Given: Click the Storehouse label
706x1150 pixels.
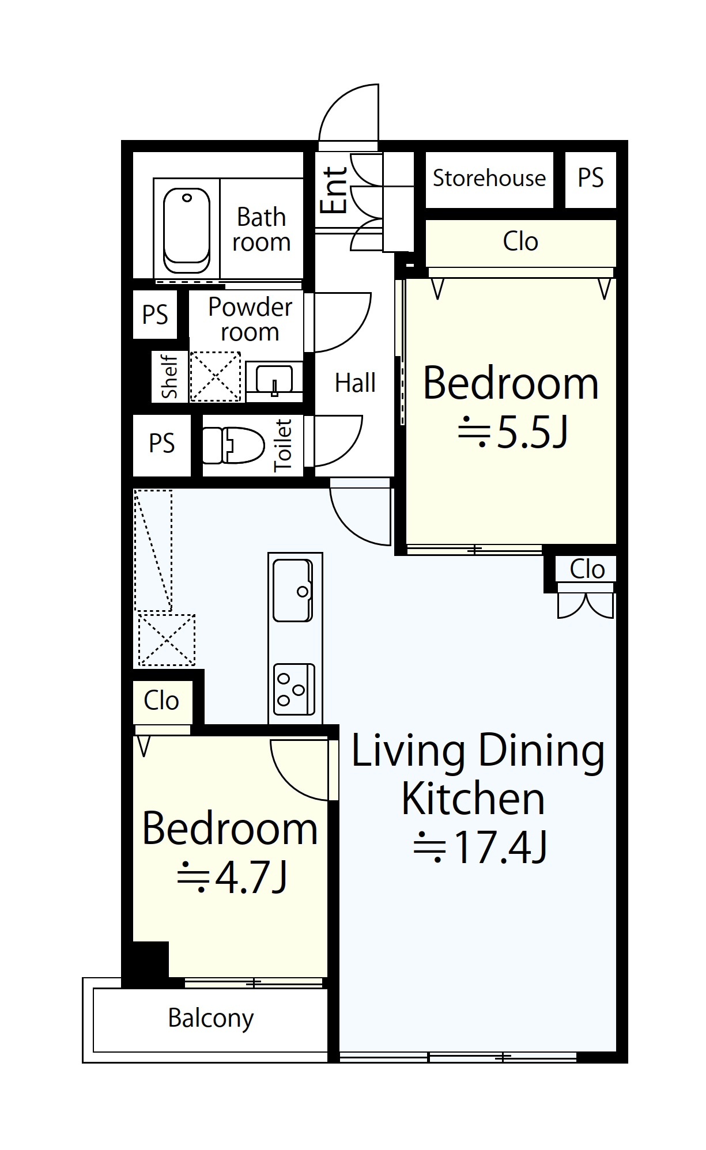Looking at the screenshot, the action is tap(489, 178).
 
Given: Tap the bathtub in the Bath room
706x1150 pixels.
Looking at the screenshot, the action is tap(186, 230).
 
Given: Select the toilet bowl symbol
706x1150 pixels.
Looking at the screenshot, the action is tap(233, 445).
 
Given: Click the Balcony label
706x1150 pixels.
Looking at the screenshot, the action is tap(211, 1019).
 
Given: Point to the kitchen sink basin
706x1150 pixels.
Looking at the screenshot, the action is tap(293, 590).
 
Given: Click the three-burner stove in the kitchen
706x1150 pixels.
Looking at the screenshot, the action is tap(294, 689).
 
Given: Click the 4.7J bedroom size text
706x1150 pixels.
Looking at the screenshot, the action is tap(232, 877).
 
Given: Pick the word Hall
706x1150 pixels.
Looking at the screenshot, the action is tap(355, 383).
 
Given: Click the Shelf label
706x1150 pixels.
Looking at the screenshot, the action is tap(169, 376).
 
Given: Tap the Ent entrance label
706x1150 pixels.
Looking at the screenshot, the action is tap(334, 191).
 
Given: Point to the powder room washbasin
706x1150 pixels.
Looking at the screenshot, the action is tap(274, 380).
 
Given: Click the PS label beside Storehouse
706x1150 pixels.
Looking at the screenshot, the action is tap(591, 177).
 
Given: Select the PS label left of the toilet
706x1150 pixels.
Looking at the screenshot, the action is tap(162, 444).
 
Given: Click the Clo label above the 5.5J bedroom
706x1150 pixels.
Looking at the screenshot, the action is tap(520, 241).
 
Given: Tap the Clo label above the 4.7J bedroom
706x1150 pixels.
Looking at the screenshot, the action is tap(161, 701).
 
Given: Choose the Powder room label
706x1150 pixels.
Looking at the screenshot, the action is tap(250, 319).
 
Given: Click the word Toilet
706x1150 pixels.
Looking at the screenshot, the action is tap(283, 445).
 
